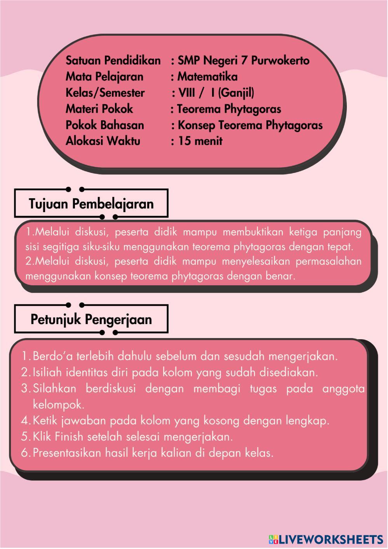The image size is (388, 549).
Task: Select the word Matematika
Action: [x=207, y=77]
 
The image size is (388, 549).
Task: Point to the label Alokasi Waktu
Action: [x=103, y=141]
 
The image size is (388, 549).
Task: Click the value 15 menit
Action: [x=200, y=141]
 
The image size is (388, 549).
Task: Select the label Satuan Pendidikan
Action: [x=113, y=61]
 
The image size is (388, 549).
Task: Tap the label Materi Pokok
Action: [x=99, y=109]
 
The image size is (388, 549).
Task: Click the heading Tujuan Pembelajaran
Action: [x=91, y=204]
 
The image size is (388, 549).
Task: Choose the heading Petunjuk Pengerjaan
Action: [x=91, y=320]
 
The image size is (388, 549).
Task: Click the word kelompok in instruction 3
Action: [x=58, y=405]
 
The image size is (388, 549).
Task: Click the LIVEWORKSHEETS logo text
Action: [x=330, y=539]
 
